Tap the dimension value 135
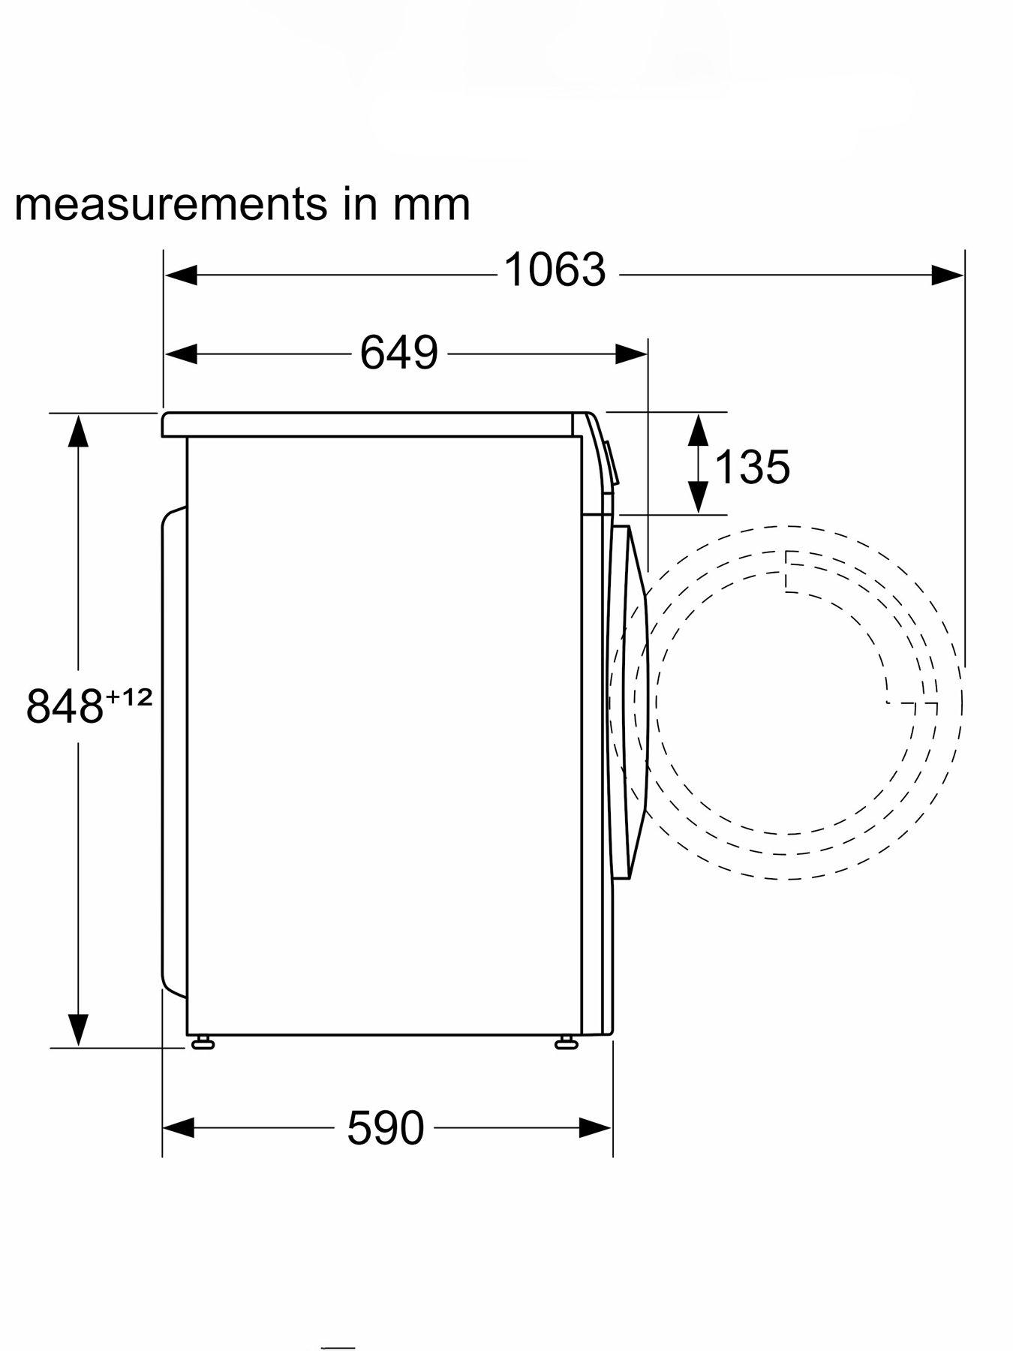752,467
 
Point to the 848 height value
64,706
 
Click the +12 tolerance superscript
129,697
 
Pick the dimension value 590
385,1127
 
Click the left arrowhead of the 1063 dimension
181,275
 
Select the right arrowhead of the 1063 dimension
948,275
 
